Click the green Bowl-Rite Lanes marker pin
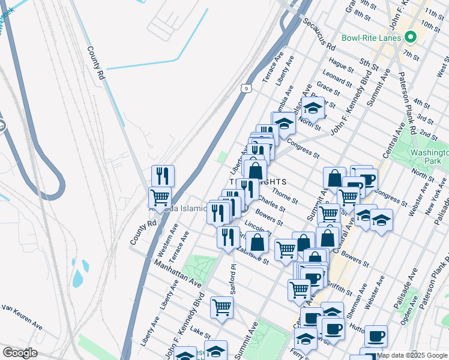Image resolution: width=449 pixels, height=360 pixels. click(x=411, y=37)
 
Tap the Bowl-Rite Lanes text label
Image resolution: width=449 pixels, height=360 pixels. click(x=370, y=38)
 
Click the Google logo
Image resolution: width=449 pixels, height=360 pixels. click(x=20, y=353)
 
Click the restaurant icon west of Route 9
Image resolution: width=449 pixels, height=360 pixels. click(x=163, y=176)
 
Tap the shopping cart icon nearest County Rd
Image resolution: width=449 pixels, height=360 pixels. click(x=160, y=197)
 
